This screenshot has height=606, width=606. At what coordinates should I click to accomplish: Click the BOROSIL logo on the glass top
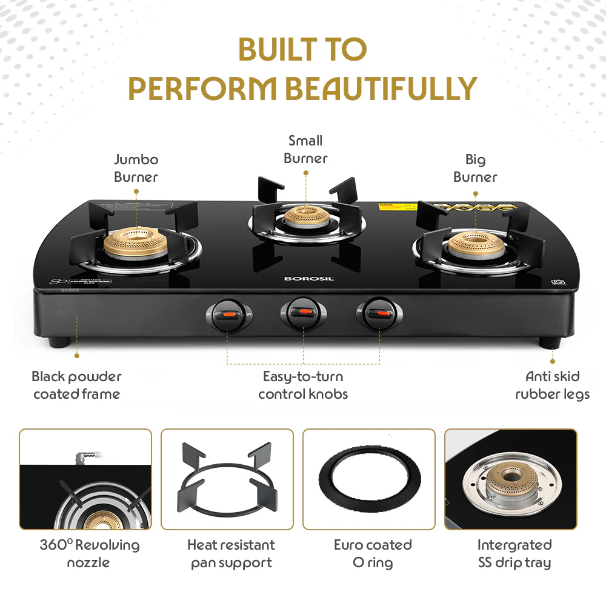[x=302, y=279]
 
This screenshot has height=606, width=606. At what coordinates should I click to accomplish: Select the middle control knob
[x=303, y=313]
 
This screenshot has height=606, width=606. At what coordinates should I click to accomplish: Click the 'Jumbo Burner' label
[x=136, y=168]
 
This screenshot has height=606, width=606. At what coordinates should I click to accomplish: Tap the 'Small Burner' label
[x=305, y=150]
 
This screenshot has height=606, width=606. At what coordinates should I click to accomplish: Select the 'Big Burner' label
[x=475, y=168]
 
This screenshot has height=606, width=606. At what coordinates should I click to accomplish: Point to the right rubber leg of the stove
[x=550, y=342]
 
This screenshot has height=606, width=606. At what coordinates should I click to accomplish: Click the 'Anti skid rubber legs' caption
[x=552, y=385]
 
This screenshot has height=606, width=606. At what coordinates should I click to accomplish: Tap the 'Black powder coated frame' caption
[x=76, y=385]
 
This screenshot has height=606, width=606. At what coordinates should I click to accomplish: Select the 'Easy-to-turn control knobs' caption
[x=303, y=385]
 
